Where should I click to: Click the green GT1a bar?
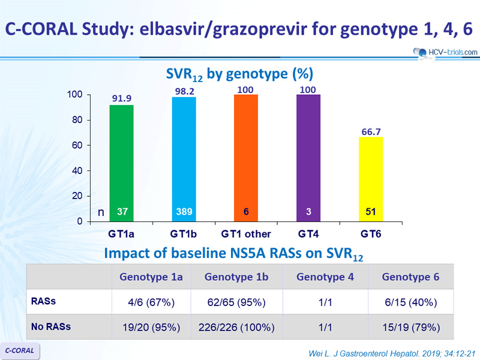(x=122, y=163)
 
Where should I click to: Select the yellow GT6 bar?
(x=371, y=179)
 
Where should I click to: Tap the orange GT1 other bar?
(x=246, y=158)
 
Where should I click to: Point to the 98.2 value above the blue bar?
(x=185, y=91)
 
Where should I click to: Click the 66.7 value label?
(x=371, y=132)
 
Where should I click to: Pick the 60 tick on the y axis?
(x=77, y=145)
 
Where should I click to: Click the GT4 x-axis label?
(x=308, y=234)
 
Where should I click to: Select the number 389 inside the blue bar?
(x=184, y=212)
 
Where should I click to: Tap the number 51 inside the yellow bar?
(x=371, y=212)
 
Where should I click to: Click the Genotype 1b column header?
(x=236, y=277)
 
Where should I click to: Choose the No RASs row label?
(x=51, y=326)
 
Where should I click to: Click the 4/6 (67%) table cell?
(x=151, y=302)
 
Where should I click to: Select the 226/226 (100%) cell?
(x=236, y=328)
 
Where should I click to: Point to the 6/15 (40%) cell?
(x=411, y=302)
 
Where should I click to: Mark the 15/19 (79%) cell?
(x=411, y=328)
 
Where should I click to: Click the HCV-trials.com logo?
(x=445, y=52)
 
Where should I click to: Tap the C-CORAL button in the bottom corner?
(x=20, y=350)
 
